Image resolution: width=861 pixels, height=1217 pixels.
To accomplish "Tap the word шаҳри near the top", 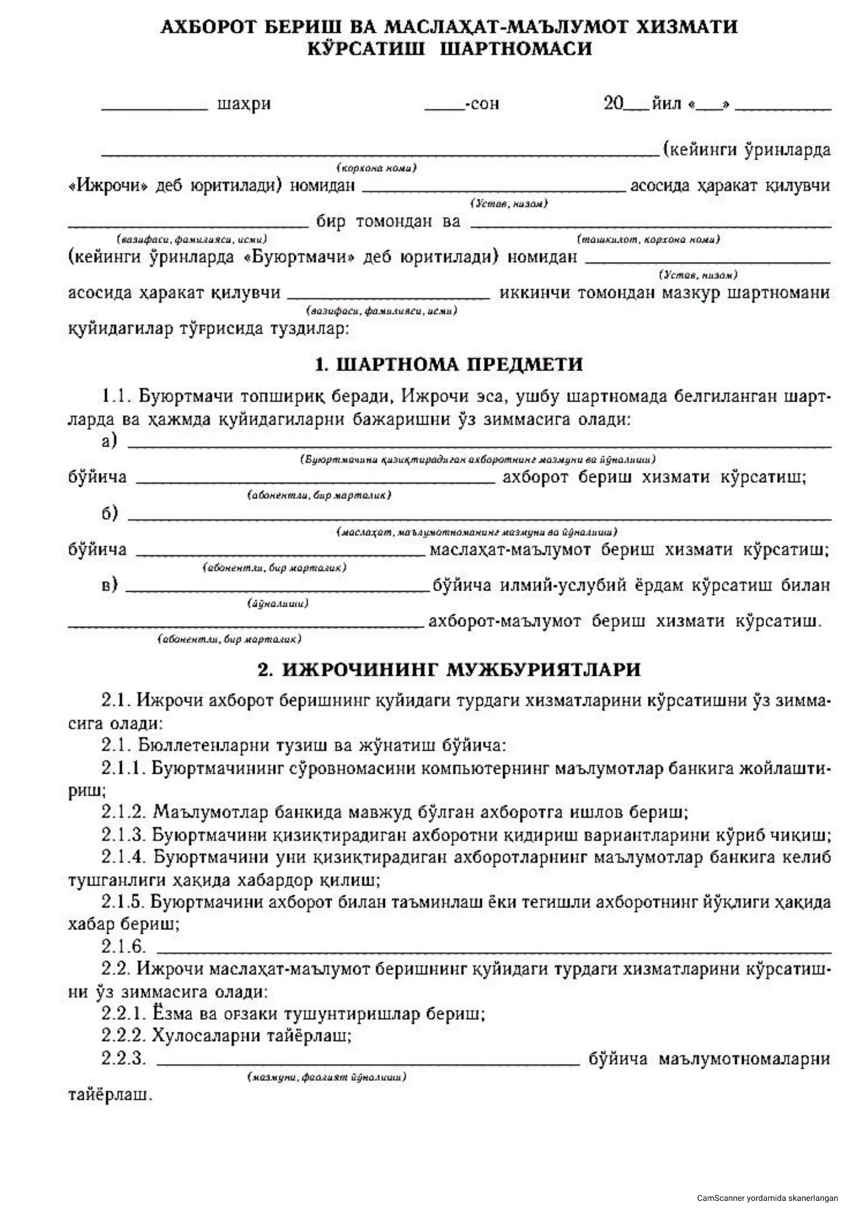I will pyautogui.click(x=244, y=104).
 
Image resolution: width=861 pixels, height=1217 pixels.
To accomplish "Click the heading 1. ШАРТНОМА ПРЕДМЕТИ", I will pyautogui.click(x=449, y=365).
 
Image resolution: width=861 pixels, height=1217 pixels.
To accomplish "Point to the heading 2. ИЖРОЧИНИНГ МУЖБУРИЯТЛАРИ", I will pyautogui.click(x=449, y=670).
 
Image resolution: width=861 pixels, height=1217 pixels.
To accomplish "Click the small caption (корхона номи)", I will pyautogui.click(x=377, y=168).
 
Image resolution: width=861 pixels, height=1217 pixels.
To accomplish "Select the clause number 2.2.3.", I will pyautogui.click(x=123, y=1059).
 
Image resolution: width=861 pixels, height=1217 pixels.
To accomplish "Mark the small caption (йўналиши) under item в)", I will pyautogui.click(x=278, y=603).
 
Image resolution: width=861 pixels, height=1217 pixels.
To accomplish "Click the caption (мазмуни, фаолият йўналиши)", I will pyautogui.click(x=327, y=1077).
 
